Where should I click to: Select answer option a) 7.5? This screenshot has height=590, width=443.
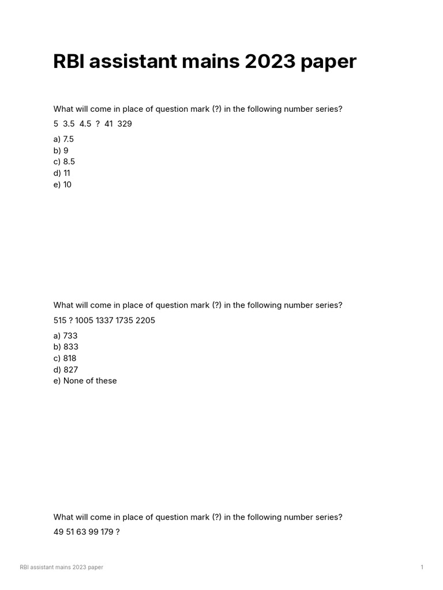63,139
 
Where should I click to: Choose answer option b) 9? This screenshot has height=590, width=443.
61,150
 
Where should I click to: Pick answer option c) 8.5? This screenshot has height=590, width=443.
64,162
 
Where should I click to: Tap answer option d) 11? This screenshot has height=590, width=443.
62,173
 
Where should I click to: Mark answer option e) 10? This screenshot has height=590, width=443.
62,184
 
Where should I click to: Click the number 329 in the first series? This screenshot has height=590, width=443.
125,124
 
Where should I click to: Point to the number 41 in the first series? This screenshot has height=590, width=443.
109,124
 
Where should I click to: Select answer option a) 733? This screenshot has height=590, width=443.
65,335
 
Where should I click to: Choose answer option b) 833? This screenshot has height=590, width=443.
66,347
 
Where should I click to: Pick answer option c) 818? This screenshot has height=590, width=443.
65,358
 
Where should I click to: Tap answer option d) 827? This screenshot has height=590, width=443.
66,369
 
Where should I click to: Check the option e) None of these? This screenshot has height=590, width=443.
85,381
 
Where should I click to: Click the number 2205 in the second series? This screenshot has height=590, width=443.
145,320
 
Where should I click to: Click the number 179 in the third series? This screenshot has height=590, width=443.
106,532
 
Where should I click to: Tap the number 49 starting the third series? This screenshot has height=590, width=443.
58,532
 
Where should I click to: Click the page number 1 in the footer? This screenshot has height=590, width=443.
422,568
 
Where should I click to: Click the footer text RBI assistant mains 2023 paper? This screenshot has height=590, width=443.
62,568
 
